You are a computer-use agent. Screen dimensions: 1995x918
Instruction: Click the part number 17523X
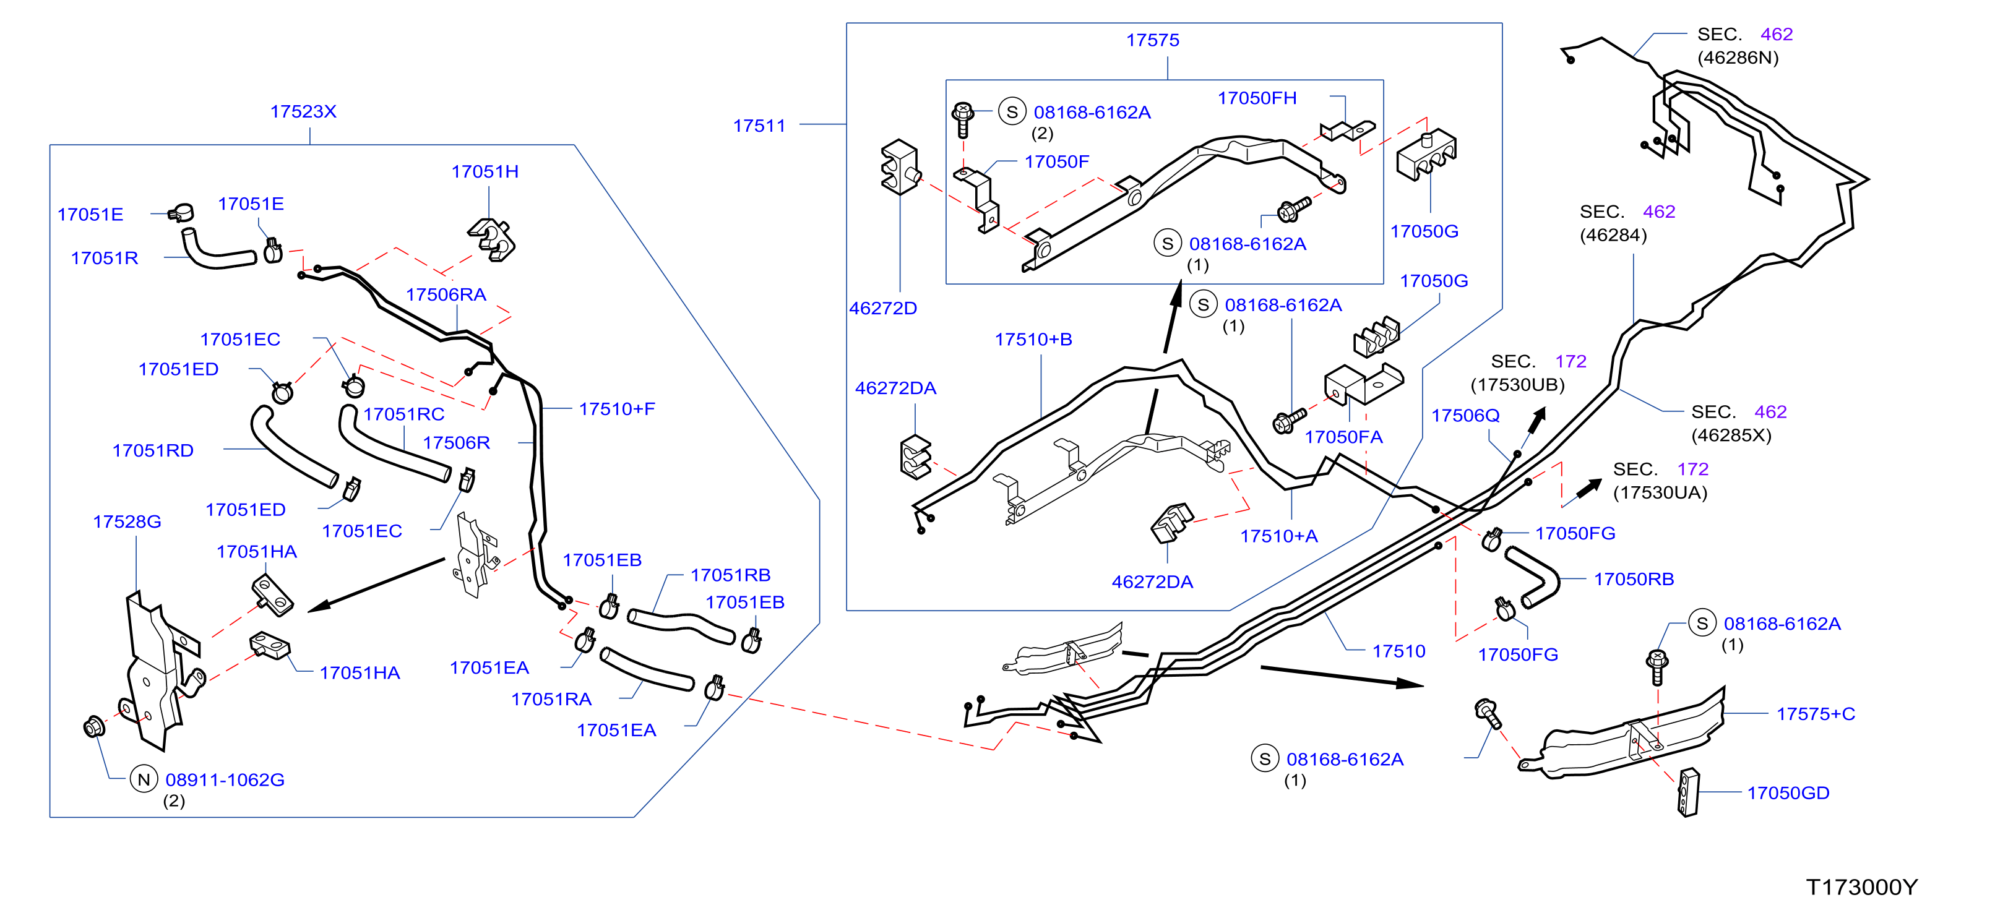[x=303, y=111]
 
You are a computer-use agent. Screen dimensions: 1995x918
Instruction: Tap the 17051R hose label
[x=105, y=259]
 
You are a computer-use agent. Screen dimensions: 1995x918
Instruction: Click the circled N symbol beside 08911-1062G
[x=144, y=779]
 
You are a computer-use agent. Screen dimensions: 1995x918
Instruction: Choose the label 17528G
[x=127, y=521]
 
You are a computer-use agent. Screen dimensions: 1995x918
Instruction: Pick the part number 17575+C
[x=1816, y=714]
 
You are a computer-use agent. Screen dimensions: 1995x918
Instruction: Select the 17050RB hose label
[x=1634, y=579]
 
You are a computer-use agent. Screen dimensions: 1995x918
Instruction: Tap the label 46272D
[x=883, y=308]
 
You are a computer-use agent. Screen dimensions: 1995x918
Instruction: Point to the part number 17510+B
[x=1033, y=339]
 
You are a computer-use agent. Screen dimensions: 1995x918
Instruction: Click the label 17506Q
[x=1465, y=416]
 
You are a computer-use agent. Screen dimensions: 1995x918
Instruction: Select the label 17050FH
[x=1257, y=98]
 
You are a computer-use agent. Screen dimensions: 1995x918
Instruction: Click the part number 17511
[x=759, y=126]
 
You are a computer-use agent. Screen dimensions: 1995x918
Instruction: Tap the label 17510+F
[x=616, y=409]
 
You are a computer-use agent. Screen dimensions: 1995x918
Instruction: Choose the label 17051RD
[x=153, y=450]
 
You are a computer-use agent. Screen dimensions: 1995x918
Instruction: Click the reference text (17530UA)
[x=1660, y=493]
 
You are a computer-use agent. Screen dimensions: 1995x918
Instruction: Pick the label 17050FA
[x=1343, y=437]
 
